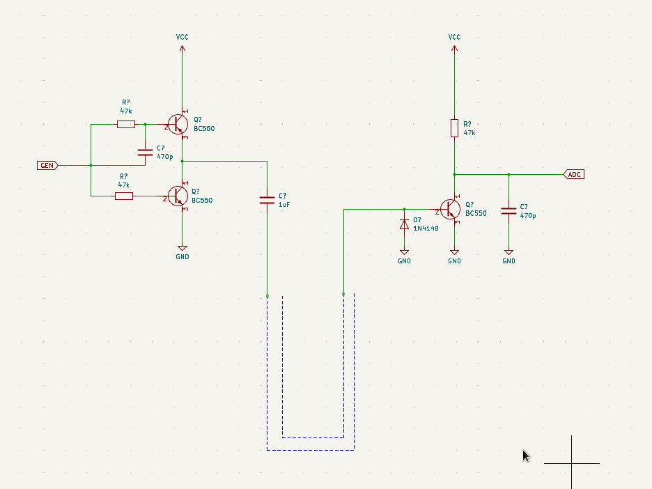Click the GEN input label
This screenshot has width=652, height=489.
pyautogui.click(x=47, y=166)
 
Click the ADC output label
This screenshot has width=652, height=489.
pyautogui.click(x=574, y=174)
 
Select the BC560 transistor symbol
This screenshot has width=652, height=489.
pyautogui.click(x=178, y=124)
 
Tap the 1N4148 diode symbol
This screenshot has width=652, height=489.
pyautogui.click(x=404, y=224)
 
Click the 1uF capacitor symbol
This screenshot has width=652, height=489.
pyautogui.click(x=267, y=200)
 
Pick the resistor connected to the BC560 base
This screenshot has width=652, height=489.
pyautogui.click(x=126, y=125)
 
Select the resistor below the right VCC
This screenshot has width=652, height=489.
pyautogui.click(x=454, y=128)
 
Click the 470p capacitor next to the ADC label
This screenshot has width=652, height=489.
pyautogui.click(x=509, y=210)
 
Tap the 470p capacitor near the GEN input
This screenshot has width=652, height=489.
pyautogui.click(x=145, y=152)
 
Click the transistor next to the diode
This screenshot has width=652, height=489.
pyautogui.click(x=451, y=209)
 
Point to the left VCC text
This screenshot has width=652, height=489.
pyautogui.click(x=182, y=37)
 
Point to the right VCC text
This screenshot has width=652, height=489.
pyautogui.click(x=454, y=37)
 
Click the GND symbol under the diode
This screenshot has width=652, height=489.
pyautogui.click(x=404, y=252)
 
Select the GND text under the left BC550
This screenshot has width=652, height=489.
pyautogui.click(x=183, y=257)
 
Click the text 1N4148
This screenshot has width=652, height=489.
pyautogui.click(x=426, y=228)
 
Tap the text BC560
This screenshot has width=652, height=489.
pyautogui.click(x=204, y=129)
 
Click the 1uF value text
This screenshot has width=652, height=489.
pyautogui.click(x=284, y=205)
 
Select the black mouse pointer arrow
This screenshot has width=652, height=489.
pyautogui.click(x=526, y=456)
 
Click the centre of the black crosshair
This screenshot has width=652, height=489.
pyautogui.click(x=572, y=463)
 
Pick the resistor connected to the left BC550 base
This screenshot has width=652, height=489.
pyautogui.click(x=124, y=196)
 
